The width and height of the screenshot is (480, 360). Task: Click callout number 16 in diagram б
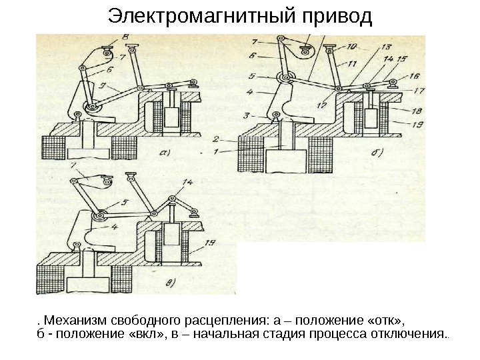414,76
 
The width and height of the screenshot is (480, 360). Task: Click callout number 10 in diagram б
351,47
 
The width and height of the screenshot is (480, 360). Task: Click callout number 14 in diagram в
187,181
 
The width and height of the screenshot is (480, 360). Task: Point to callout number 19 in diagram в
210,243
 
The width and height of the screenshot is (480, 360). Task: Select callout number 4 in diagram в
114,227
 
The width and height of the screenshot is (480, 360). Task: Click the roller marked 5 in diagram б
285,77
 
